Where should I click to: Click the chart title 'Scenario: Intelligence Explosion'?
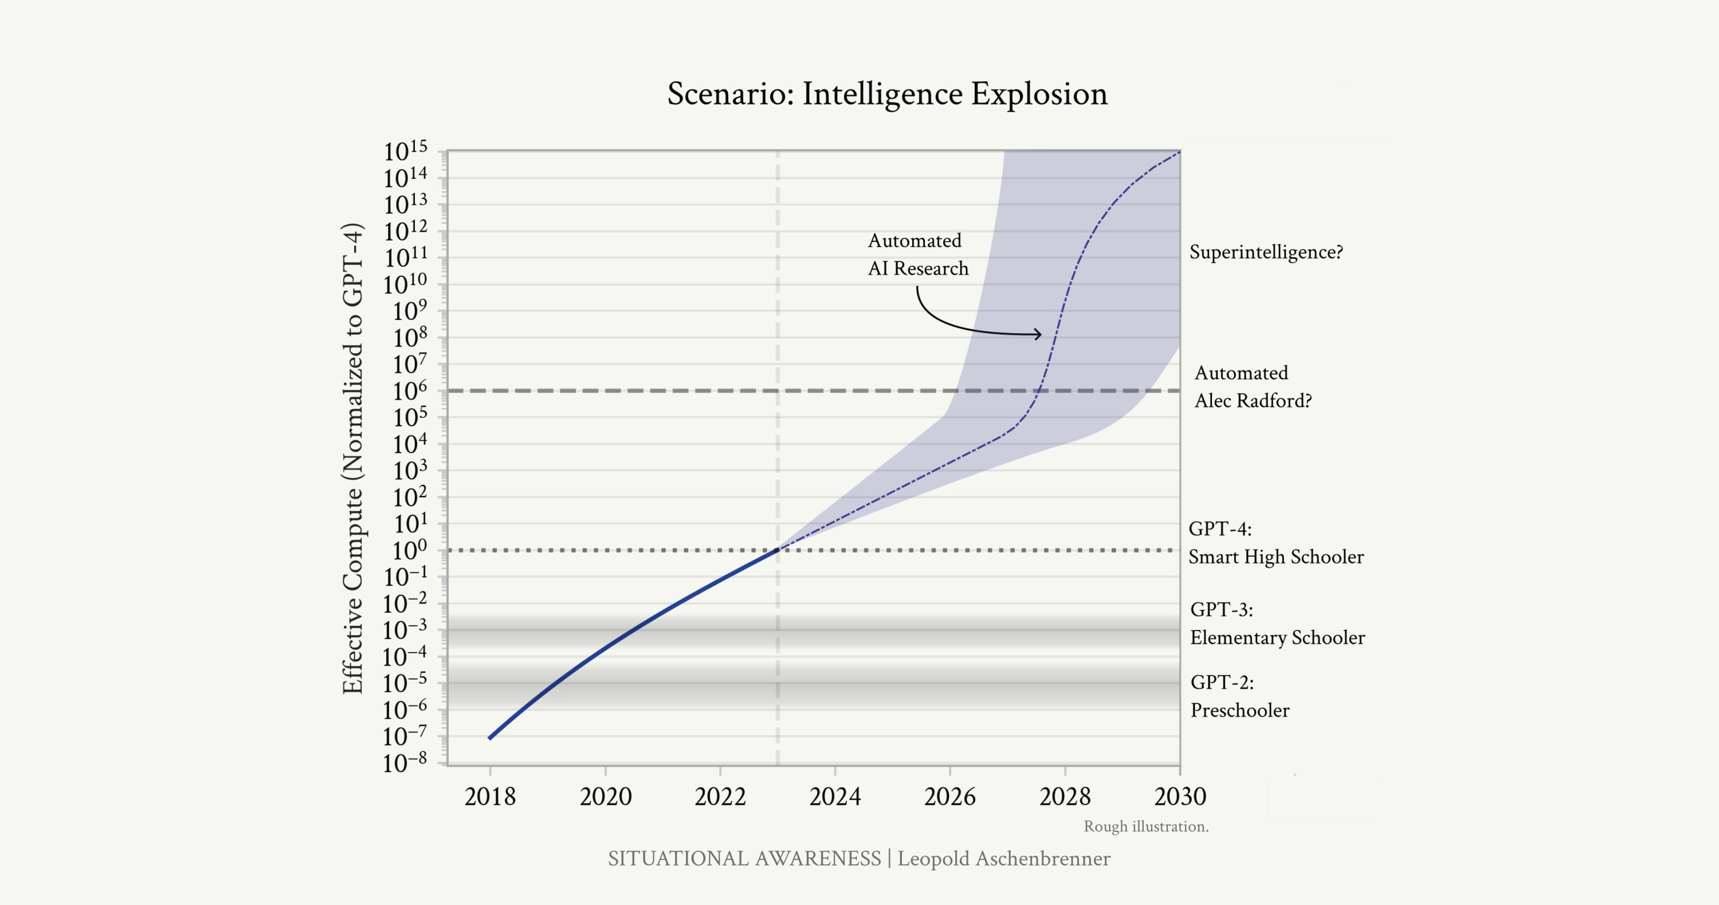887,93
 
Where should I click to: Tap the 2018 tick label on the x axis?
490,796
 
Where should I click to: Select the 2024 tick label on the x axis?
835,796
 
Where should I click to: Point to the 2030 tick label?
1180,796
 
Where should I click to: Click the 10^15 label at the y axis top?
405,152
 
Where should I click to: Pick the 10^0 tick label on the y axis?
405,551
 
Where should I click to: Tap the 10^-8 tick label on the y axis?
405,763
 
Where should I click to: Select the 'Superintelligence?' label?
1266,252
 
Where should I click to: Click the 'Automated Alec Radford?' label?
1253,386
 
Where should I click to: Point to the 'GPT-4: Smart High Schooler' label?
1275,543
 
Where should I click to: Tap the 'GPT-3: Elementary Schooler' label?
1277,624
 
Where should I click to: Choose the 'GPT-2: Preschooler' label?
1239,696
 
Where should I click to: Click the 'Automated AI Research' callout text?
917,254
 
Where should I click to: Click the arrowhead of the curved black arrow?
1039,334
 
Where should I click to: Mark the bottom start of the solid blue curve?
490,738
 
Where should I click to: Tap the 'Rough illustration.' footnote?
1146,826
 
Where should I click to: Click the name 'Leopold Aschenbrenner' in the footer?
1004,858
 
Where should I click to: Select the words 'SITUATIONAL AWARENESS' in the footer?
744,858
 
